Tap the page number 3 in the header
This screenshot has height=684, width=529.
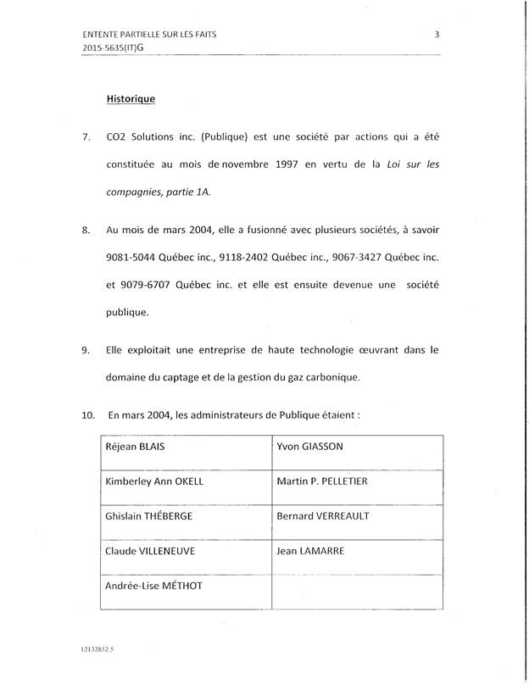click(x=436, y=34)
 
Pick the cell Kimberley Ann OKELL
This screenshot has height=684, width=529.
click(x=155, y=481)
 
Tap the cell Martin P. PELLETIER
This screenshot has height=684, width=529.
click(x=321, y=481)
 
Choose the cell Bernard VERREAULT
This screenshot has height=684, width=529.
click(x=322, y=516)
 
